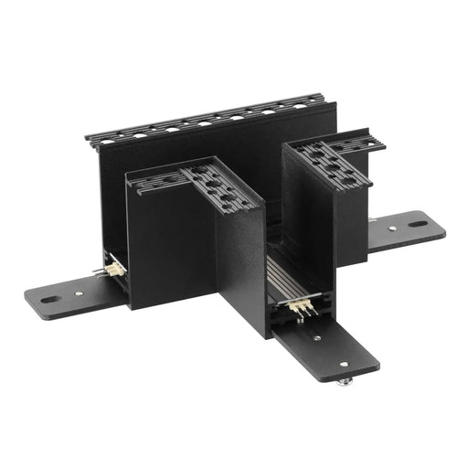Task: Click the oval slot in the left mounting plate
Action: (x=48, y=297)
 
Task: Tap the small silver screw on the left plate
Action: (x=80, y=292)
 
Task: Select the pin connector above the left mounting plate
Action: (x=114, y=270)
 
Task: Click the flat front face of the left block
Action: (x=172, y=247)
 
